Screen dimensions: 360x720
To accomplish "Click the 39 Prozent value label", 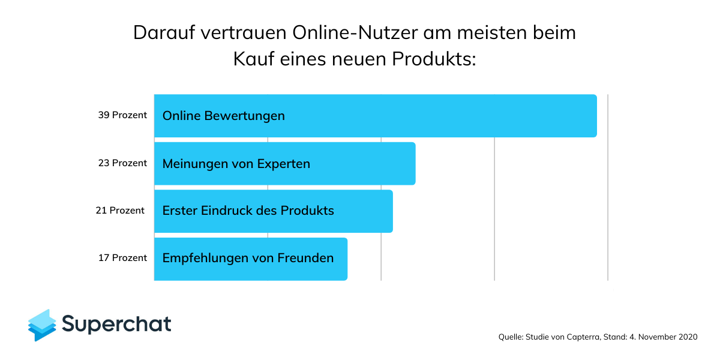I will tap(122, 115).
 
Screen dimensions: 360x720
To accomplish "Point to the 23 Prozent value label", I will tap(122, 163).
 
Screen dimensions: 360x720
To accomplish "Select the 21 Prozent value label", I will tap(120, 211).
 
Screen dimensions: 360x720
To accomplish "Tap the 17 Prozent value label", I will tap(122, 258).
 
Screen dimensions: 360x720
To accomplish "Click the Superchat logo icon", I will tap(42, 325).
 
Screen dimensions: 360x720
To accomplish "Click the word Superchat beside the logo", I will tap(117, 324).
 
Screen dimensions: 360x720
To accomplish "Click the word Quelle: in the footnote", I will tap(511, 337).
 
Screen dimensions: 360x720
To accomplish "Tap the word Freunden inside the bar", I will tap(305, 259).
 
